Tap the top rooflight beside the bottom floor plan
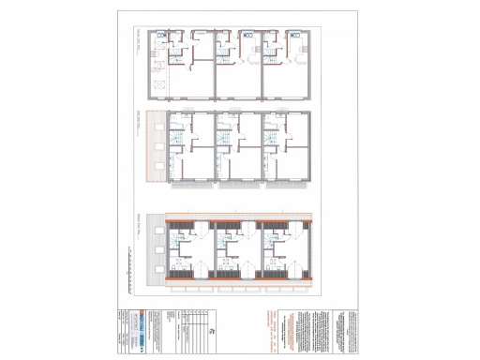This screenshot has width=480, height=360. [x=154, y=232]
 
